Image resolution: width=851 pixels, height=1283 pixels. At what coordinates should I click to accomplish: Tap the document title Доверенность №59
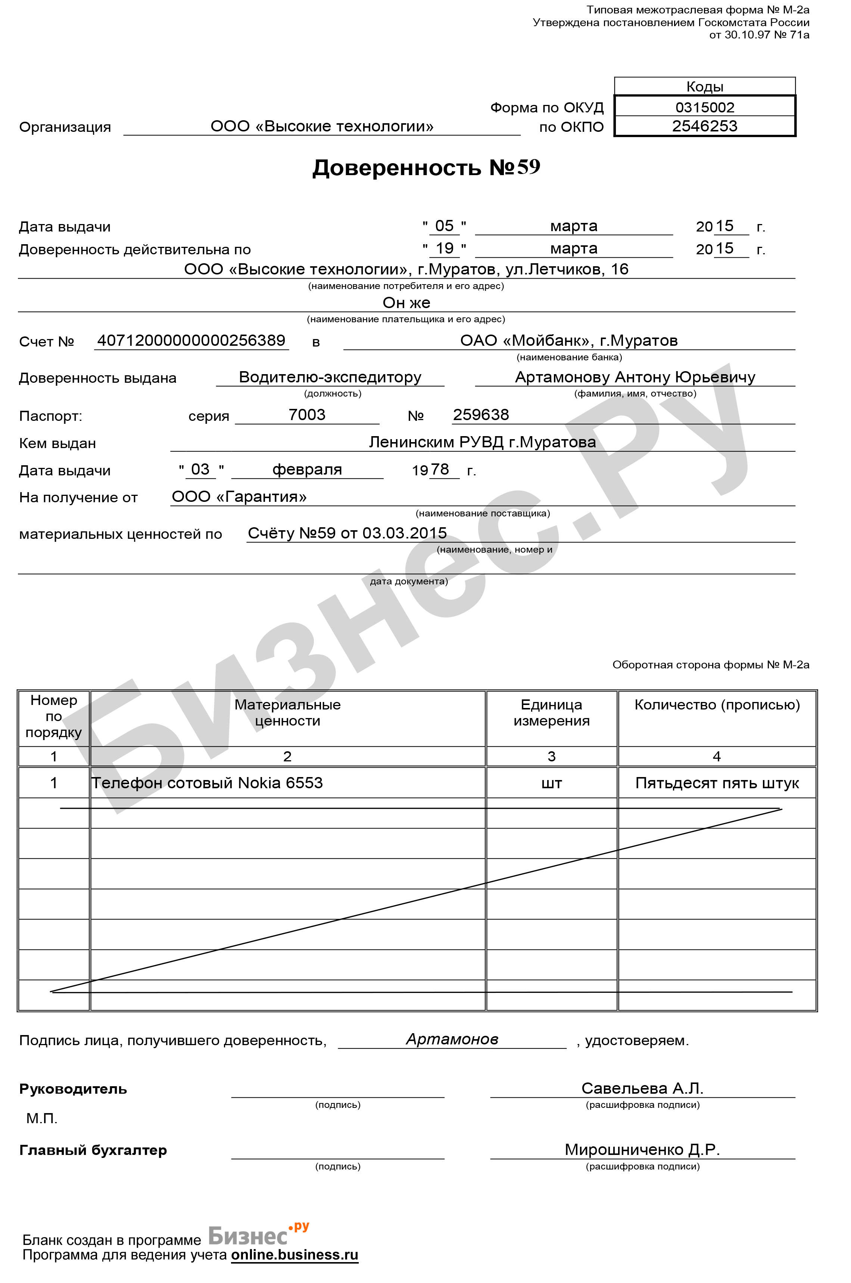[426, 167]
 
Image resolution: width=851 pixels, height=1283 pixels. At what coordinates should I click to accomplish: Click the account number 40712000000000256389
[191, 341]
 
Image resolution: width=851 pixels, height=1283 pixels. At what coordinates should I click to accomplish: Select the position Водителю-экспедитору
[330, 377]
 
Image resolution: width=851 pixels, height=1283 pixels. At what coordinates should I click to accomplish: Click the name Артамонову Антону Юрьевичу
[635, 377]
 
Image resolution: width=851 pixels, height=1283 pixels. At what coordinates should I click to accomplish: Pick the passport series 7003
[307, 415]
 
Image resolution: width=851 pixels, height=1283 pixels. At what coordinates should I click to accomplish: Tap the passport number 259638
[481, 415]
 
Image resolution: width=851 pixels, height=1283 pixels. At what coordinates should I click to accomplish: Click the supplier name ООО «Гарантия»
[239, 496]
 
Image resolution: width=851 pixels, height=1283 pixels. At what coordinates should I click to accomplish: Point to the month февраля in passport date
[307, 469]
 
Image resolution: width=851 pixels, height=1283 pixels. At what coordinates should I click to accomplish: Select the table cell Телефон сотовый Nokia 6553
[207, 782]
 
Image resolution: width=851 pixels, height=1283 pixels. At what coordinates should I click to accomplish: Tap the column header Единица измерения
[551, 712]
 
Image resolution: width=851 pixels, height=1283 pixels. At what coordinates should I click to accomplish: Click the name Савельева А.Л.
[642, 1088]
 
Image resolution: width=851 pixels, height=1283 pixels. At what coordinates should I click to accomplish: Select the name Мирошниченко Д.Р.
[642, 1149]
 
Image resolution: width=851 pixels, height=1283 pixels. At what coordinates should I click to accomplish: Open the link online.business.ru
[295, 1254]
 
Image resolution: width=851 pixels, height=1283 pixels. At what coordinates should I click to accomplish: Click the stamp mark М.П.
[42, 1118]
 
